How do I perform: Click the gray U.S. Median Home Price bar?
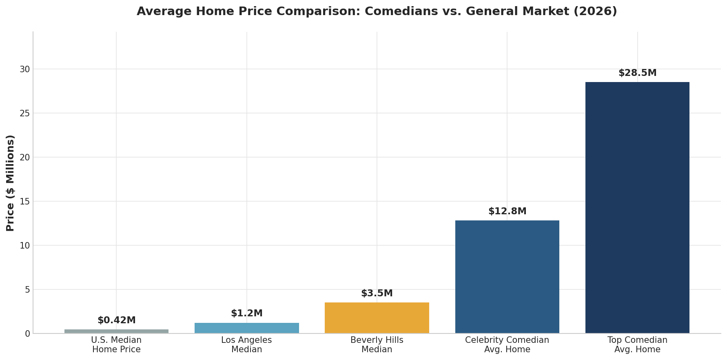pos(116,331)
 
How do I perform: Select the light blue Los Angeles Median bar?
pos(246,328)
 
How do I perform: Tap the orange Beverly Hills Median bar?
pos(377,318)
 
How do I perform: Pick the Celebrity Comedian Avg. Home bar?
pos(507,277)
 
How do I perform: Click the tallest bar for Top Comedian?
pos(637,207)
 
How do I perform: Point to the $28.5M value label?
pos(637,73)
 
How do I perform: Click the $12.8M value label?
pos(507,211)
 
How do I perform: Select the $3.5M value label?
pos(377,293)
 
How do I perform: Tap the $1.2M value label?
pos(246,313)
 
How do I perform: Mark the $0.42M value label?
pos(116,320)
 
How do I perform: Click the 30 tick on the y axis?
pos(25,69)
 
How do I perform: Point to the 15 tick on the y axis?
pos(25,202)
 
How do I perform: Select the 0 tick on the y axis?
pos(27,334)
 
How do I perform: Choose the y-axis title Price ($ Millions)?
pos(11,183)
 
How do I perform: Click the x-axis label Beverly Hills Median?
pos(377,345)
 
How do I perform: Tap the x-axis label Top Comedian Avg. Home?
pos(637,345)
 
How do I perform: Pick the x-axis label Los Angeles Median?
pos(246,345)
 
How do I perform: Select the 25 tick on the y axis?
pos(25,113)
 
